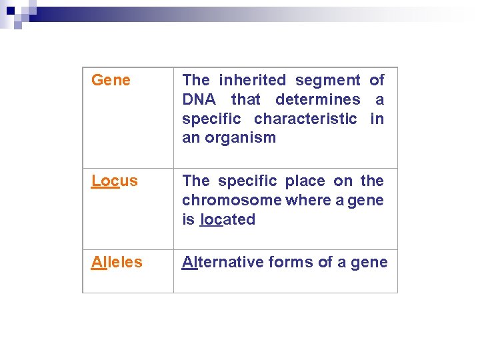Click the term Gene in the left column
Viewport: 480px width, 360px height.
(x=111, y=81)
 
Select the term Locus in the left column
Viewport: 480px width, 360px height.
(x=115, y=181)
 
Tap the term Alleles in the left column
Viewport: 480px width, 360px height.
(x=117, y=262)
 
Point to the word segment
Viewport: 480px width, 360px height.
(x=327, y=81)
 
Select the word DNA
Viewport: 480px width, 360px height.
(x=199, y=100)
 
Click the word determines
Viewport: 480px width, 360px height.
(x=317, y=100)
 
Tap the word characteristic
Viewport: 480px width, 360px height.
(x=305, y=119)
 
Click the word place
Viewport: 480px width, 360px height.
(x=305, y=181)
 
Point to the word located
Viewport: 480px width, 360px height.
(x=227, y=219)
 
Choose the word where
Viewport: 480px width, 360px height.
(x=298, y=200)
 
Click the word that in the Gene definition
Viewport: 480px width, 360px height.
(x=245, y=100)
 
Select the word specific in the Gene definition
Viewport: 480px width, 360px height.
(x=213, y=119)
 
